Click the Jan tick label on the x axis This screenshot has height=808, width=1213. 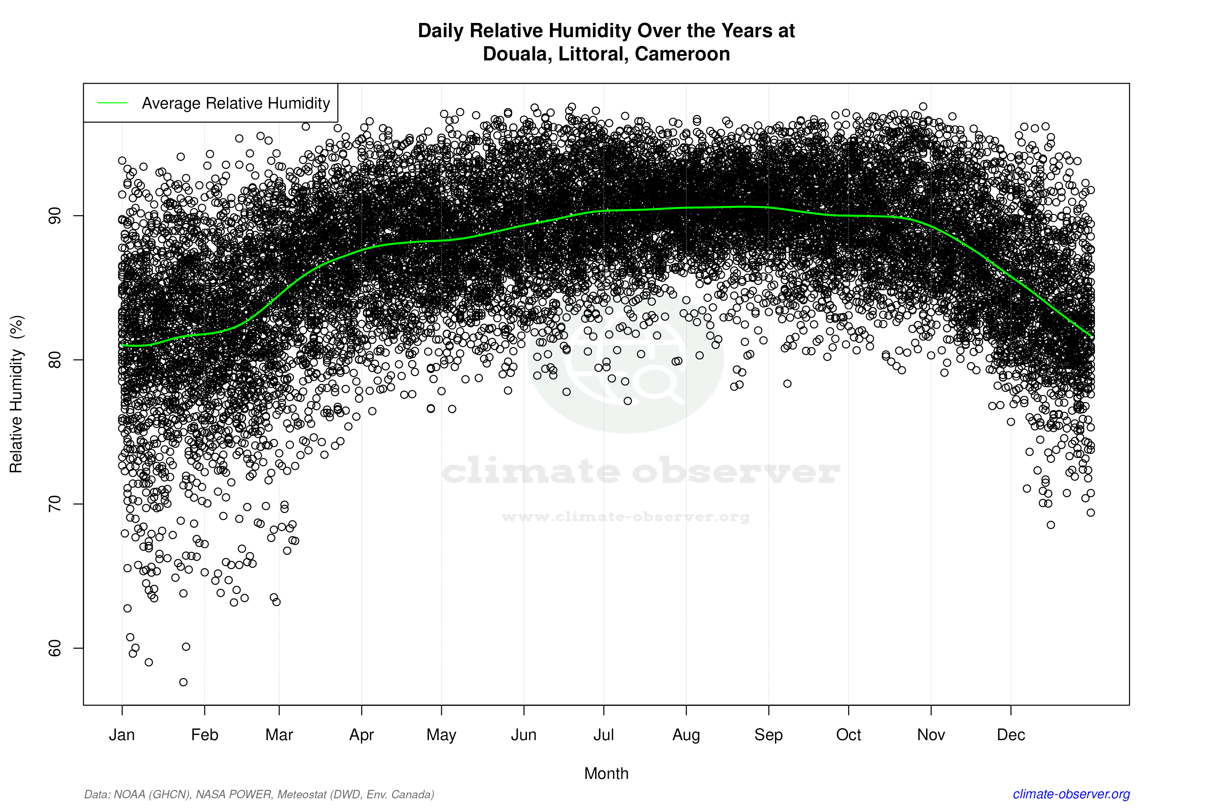click(122, 735)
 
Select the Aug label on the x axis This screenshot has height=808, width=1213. click(686, 735)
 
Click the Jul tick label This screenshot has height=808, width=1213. click(603, 735)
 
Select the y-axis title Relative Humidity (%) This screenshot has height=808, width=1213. click(16, 394)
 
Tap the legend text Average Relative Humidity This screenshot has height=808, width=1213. click(236, 103)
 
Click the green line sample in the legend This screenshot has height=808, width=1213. click(113, 103)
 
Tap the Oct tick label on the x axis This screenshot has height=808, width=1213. click(848, 735)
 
